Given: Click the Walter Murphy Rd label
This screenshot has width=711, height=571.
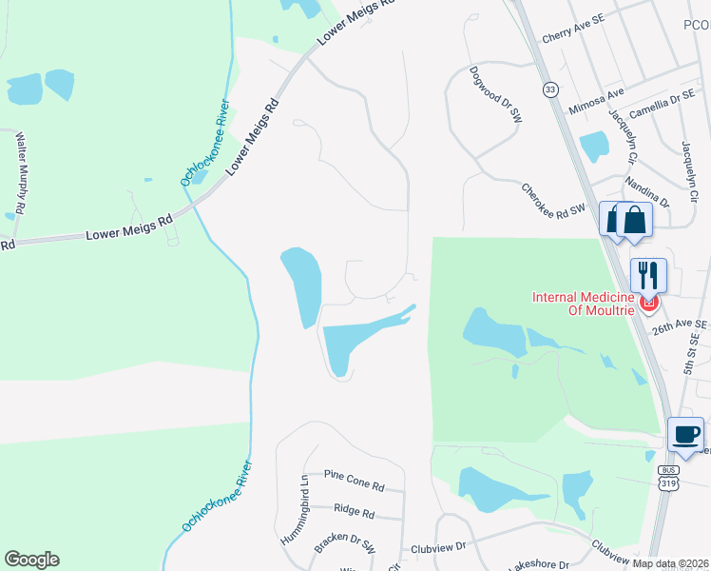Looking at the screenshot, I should point(20,172).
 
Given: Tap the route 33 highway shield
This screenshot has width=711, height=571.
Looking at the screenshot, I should point(550,89).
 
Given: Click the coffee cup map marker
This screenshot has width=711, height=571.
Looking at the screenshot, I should point(686,436).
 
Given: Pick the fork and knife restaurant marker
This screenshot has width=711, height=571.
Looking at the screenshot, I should point(648,276).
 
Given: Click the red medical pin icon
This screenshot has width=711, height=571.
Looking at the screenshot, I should point(649,305).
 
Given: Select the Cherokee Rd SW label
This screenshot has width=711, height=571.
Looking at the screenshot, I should point(558,201).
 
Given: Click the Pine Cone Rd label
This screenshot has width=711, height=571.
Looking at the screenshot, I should point(354,480).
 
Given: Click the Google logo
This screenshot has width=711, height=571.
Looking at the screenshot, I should point(31,560).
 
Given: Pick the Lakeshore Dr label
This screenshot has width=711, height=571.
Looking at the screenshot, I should point(538,563).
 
